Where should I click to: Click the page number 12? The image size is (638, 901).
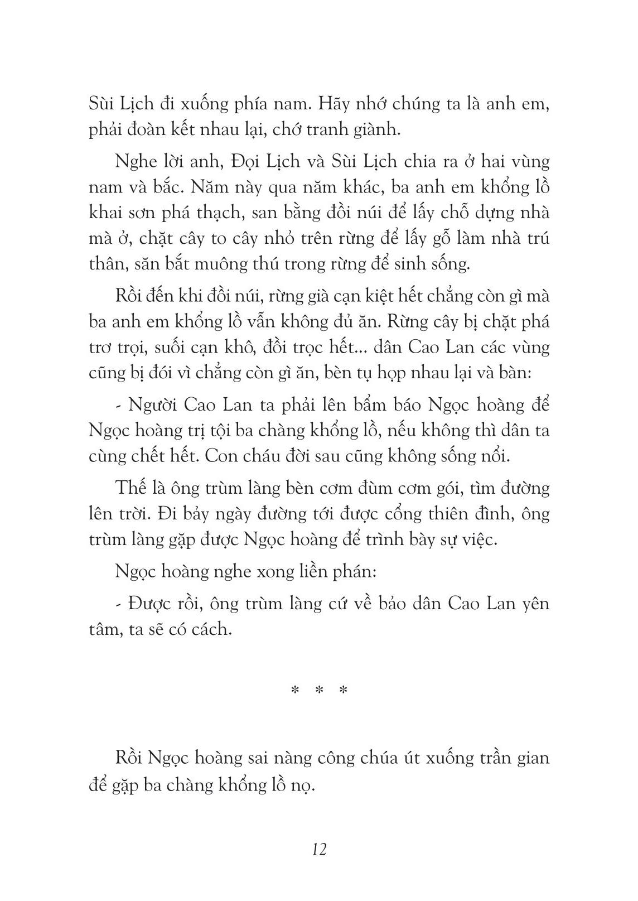[x=320, y=850]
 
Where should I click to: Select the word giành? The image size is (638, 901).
[x=395, y=130]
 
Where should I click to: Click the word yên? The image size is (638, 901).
[x=534, y=604]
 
